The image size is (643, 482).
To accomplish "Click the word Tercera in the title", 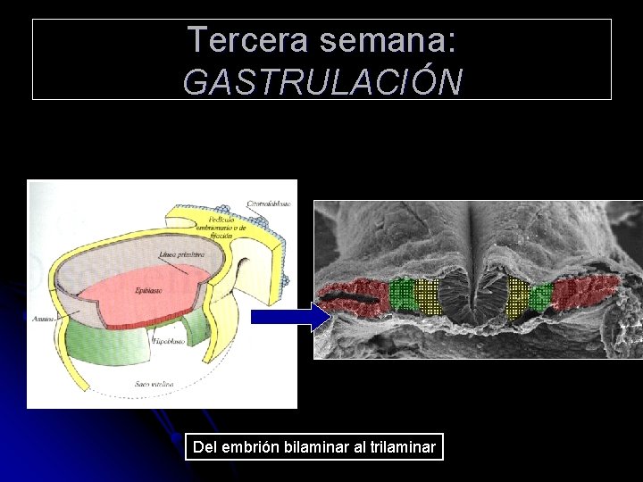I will coord(237,39).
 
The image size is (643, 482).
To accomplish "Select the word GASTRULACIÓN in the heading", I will coord(322,81).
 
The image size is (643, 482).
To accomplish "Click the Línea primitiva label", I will coord(180,254).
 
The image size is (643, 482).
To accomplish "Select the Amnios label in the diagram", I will coord(41,317).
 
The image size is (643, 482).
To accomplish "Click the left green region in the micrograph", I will coord(403,294).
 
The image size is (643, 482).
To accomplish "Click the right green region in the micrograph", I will coord(540,296).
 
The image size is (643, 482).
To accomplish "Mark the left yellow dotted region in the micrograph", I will coord(428,297).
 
